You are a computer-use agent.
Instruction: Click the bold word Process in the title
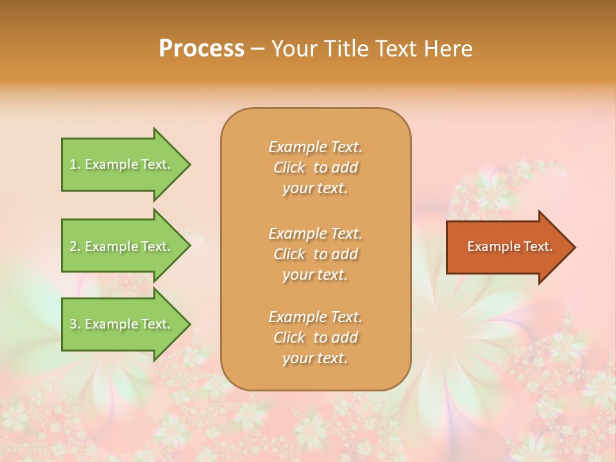coord(201,49)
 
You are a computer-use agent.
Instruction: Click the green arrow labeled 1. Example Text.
coord(122,164)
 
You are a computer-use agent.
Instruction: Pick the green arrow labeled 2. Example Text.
coord(122,246)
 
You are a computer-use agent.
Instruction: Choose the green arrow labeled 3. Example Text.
coord(122,324)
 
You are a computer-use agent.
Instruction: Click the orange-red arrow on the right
coord(507,247)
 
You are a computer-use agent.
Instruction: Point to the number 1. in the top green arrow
coord(75,164)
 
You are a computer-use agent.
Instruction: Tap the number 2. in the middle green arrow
coord(75,246)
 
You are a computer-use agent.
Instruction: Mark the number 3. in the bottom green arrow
coord(75,324)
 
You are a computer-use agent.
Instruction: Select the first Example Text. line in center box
coord(315,147)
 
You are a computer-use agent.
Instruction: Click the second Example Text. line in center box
coord(315,234)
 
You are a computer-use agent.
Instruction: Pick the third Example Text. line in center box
coord(315,317)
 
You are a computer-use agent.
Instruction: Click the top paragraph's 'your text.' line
coord(315,189)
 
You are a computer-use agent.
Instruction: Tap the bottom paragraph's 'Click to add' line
coord(315,338)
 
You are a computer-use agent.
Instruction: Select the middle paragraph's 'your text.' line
coord(315,275)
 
